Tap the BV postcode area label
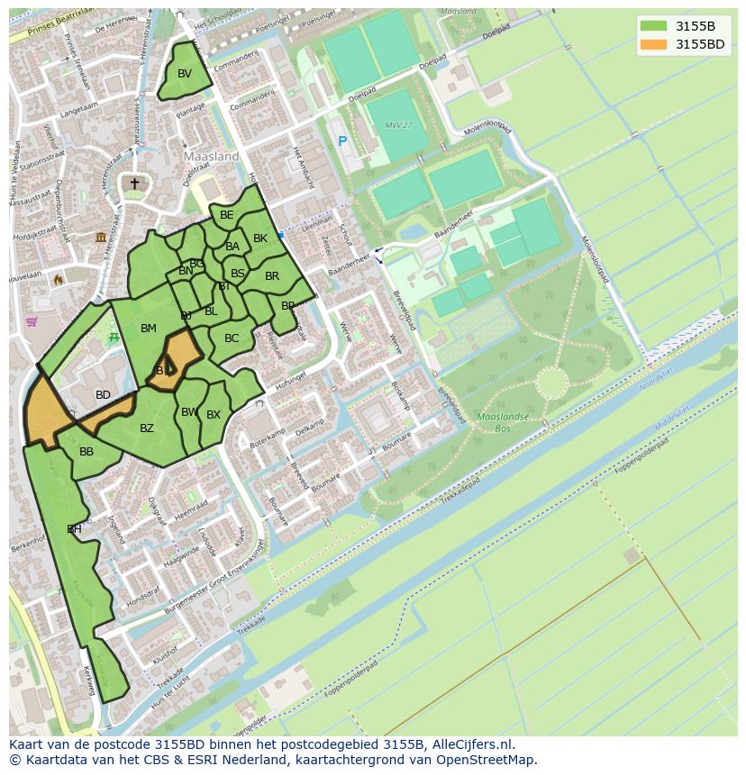point(185,74)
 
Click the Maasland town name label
point(212,156)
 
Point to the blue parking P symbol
point(342,141)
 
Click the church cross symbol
point(134,184)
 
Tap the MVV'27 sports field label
point(397,125)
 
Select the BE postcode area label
point(227,215)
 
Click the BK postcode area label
point(260,239)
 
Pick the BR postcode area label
point(272,276)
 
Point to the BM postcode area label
point(149,329)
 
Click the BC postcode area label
point(232,338)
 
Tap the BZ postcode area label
point(147,428)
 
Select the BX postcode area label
point(214,415)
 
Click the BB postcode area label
point(86,452)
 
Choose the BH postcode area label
point(74,529)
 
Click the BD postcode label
point(104,395)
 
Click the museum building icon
point(101,237)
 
